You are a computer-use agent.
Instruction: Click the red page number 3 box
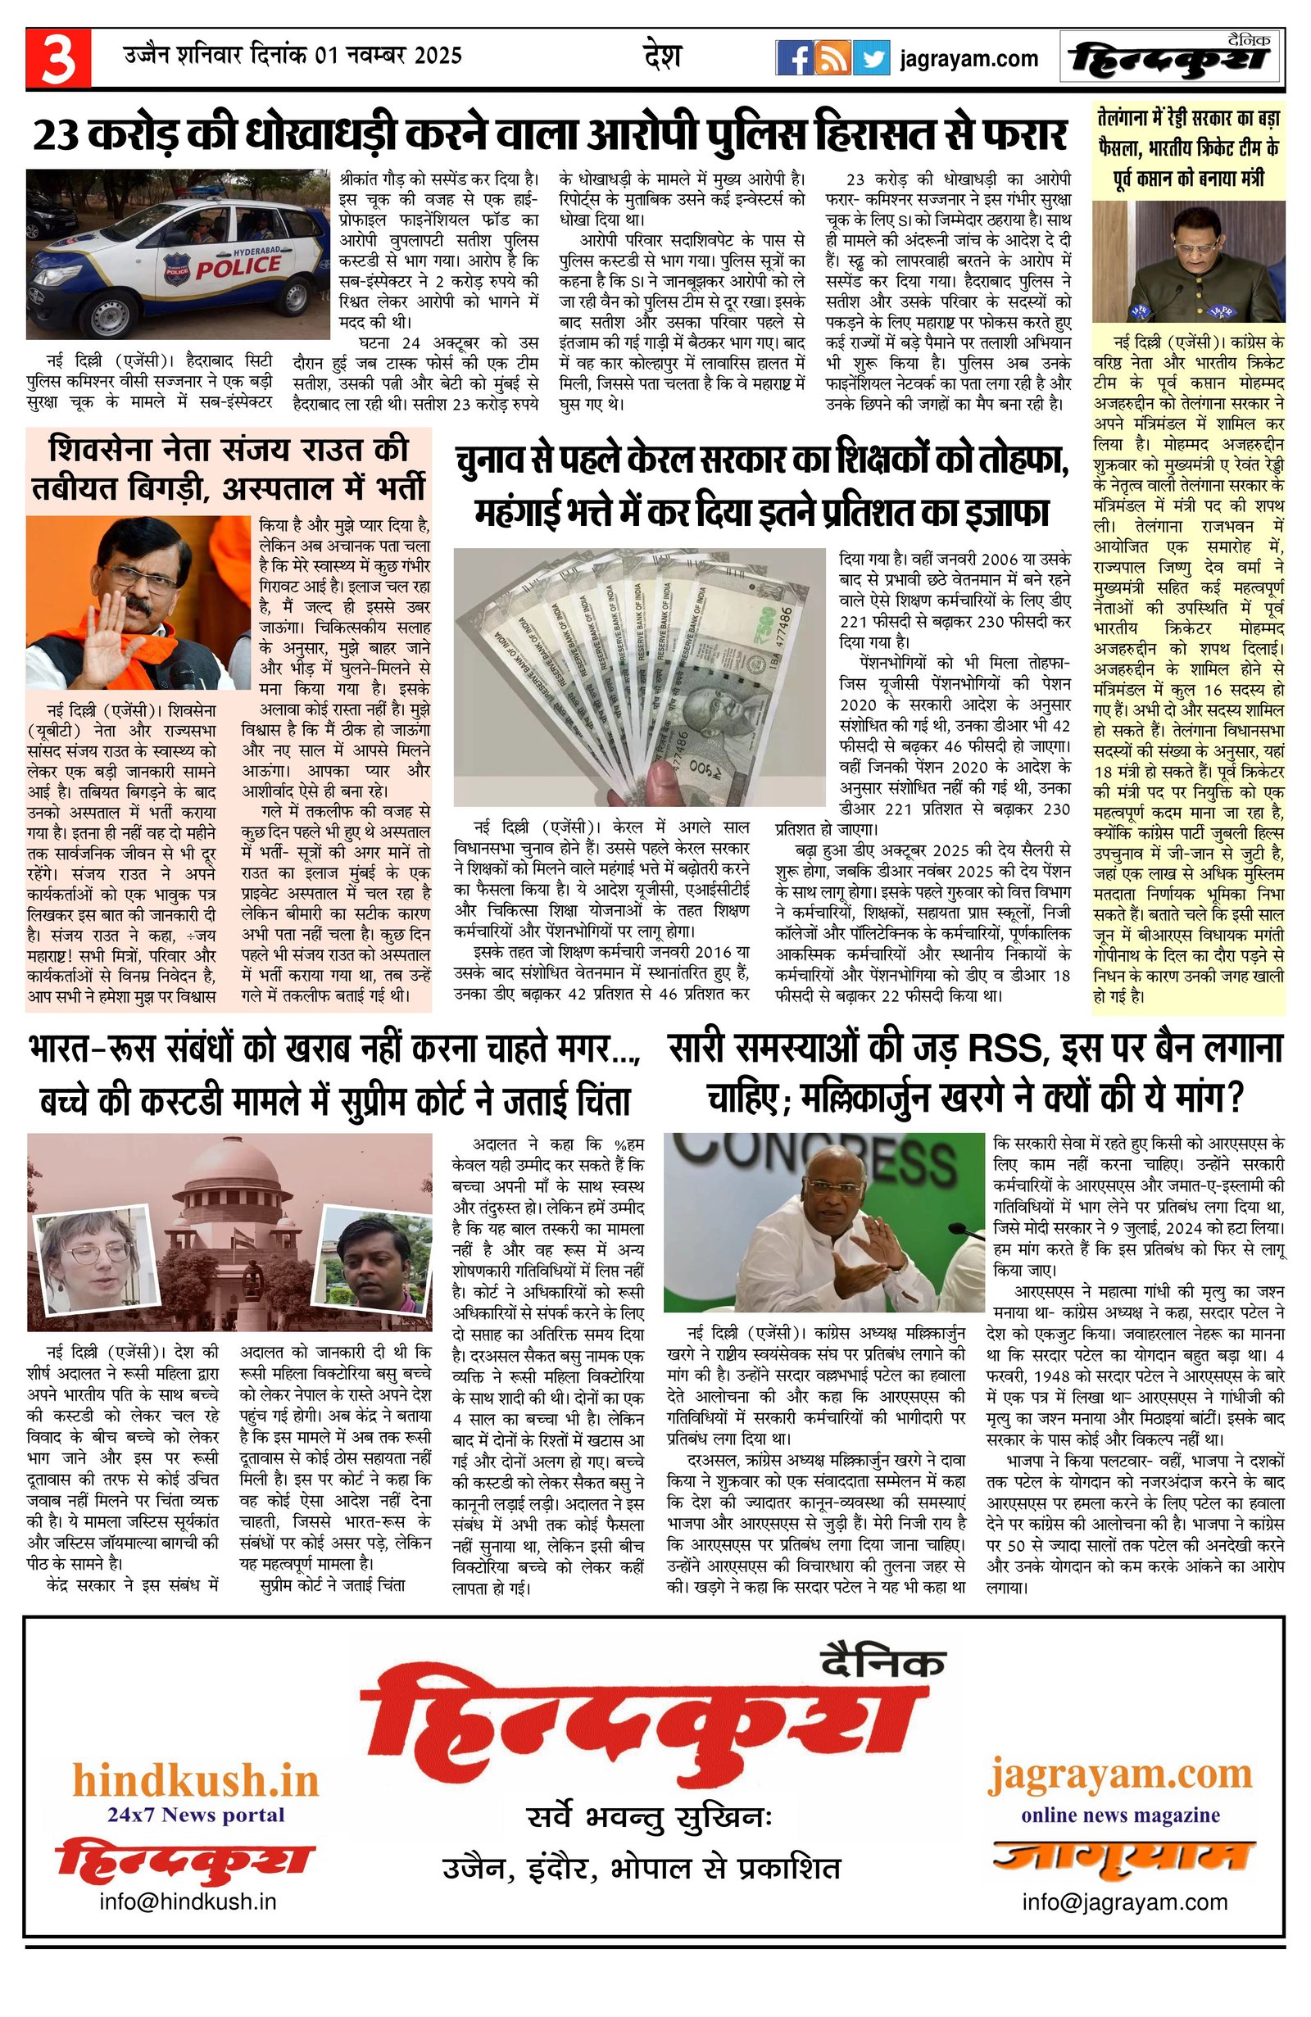(x=57, y=57)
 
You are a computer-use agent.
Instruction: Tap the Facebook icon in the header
(x=794, y=58)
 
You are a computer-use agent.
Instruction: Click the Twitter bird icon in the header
(x=871, y=58)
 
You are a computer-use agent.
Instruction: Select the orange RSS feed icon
(x=832, y=58)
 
